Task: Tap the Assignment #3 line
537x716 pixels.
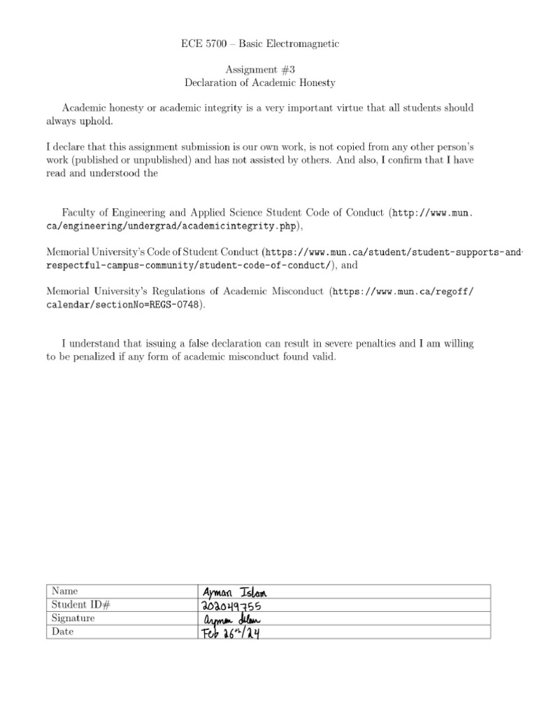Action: [x=259, y=69]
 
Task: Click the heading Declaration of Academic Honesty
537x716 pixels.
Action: [x=259, y=83]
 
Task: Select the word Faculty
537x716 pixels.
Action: [x=79, y=212]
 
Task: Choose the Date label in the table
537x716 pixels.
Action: [x=63, y=631]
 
